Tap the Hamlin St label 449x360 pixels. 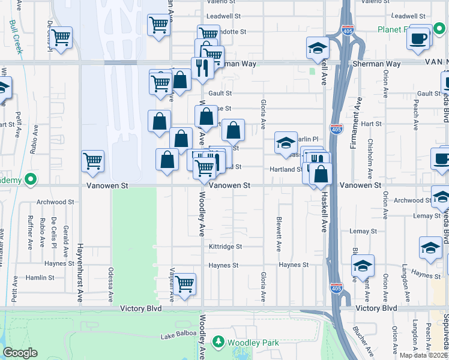(40, 278)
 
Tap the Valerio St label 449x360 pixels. (223, 2)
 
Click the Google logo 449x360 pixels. (20, 353)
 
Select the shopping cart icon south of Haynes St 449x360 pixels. (184, 283)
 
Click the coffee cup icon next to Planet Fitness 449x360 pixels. (418, 38)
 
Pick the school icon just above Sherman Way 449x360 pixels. (318, 49)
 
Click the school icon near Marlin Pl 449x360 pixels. (286, 143)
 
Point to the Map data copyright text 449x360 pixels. (424, 355)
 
